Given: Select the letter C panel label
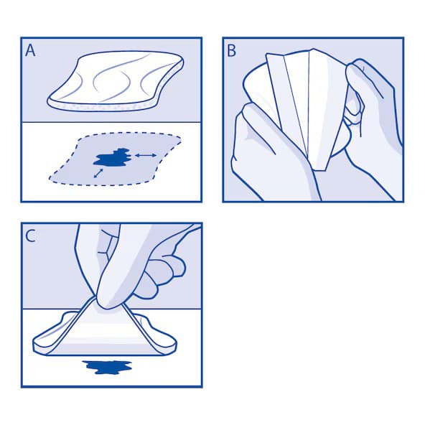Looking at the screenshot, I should (31, 235).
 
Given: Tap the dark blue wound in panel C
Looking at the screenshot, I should (108, 368).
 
